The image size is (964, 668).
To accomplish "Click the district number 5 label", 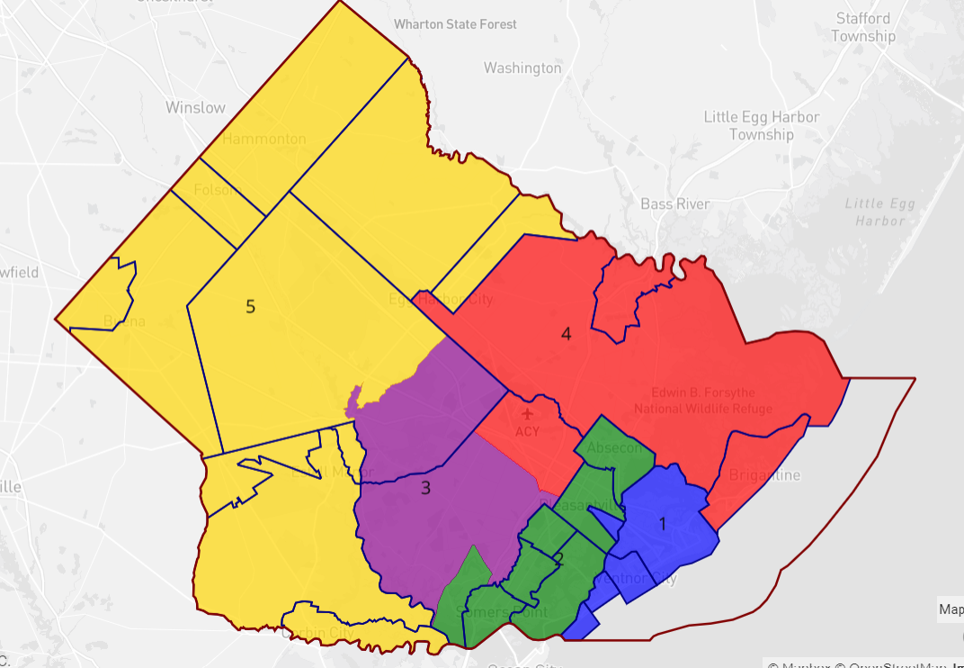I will [251, 307].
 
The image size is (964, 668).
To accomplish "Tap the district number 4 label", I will [566, 334].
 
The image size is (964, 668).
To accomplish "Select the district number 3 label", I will [426, 489].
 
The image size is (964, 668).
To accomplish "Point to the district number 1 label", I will [663, 523].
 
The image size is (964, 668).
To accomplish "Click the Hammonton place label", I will [263, 140].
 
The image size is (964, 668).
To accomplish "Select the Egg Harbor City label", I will [441, 300].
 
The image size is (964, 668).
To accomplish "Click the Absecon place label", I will [614, 447].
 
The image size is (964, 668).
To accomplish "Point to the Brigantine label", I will [763, 475].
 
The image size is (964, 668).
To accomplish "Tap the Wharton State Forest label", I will [455, 24].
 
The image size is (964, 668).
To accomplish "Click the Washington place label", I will [522, 68].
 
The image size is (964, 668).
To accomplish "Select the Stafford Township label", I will [863, 27].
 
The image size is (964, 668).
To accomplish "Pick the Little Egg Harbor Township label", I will [761, 126].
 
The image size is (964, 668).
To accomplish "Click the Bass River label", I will [674, 204].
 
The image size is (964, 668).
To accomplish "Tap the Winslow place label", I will [195, 108].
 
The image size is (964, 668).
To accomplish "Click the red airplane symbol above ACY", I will [527, 414].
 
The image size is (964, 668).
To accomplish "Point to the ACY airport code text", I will [527, 431].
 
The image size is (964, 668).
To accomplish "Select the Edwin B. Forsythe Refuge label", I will [702, 401].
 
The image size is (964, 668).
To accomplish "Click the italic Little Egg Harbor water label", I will [879, 212].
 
